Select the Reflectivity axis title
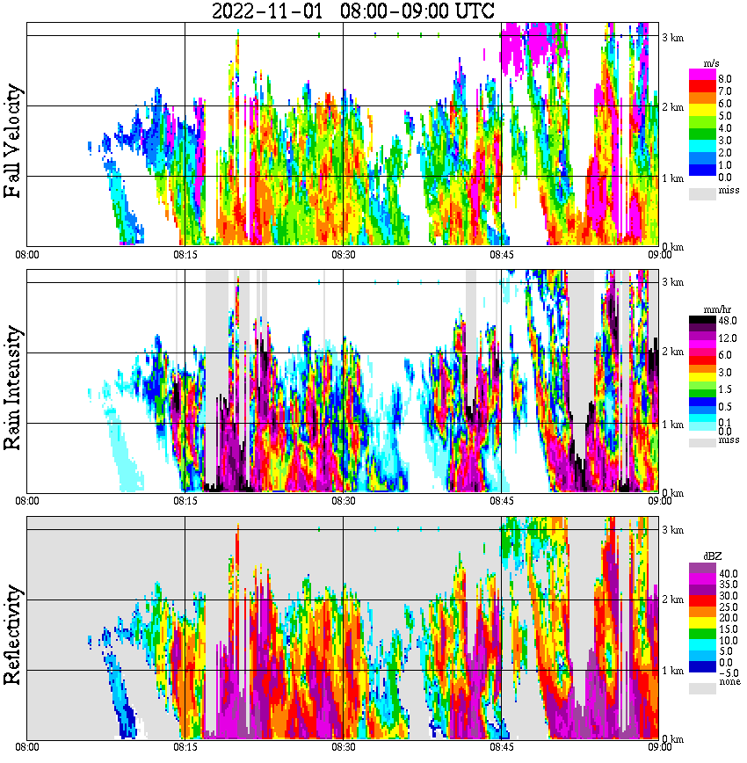tap(14, 636)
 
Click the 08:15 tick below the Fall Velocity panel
tap(185, 255)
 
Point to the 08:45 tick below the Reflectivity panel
tap(501, 747)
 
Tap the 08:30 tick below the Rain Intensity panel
tap(343, 501)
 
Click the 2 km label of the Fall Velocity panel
tap(672, 107)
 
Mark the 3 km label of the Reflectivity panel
tap(672, 530)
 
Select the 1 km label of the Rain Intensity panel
tap(672, 425)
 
